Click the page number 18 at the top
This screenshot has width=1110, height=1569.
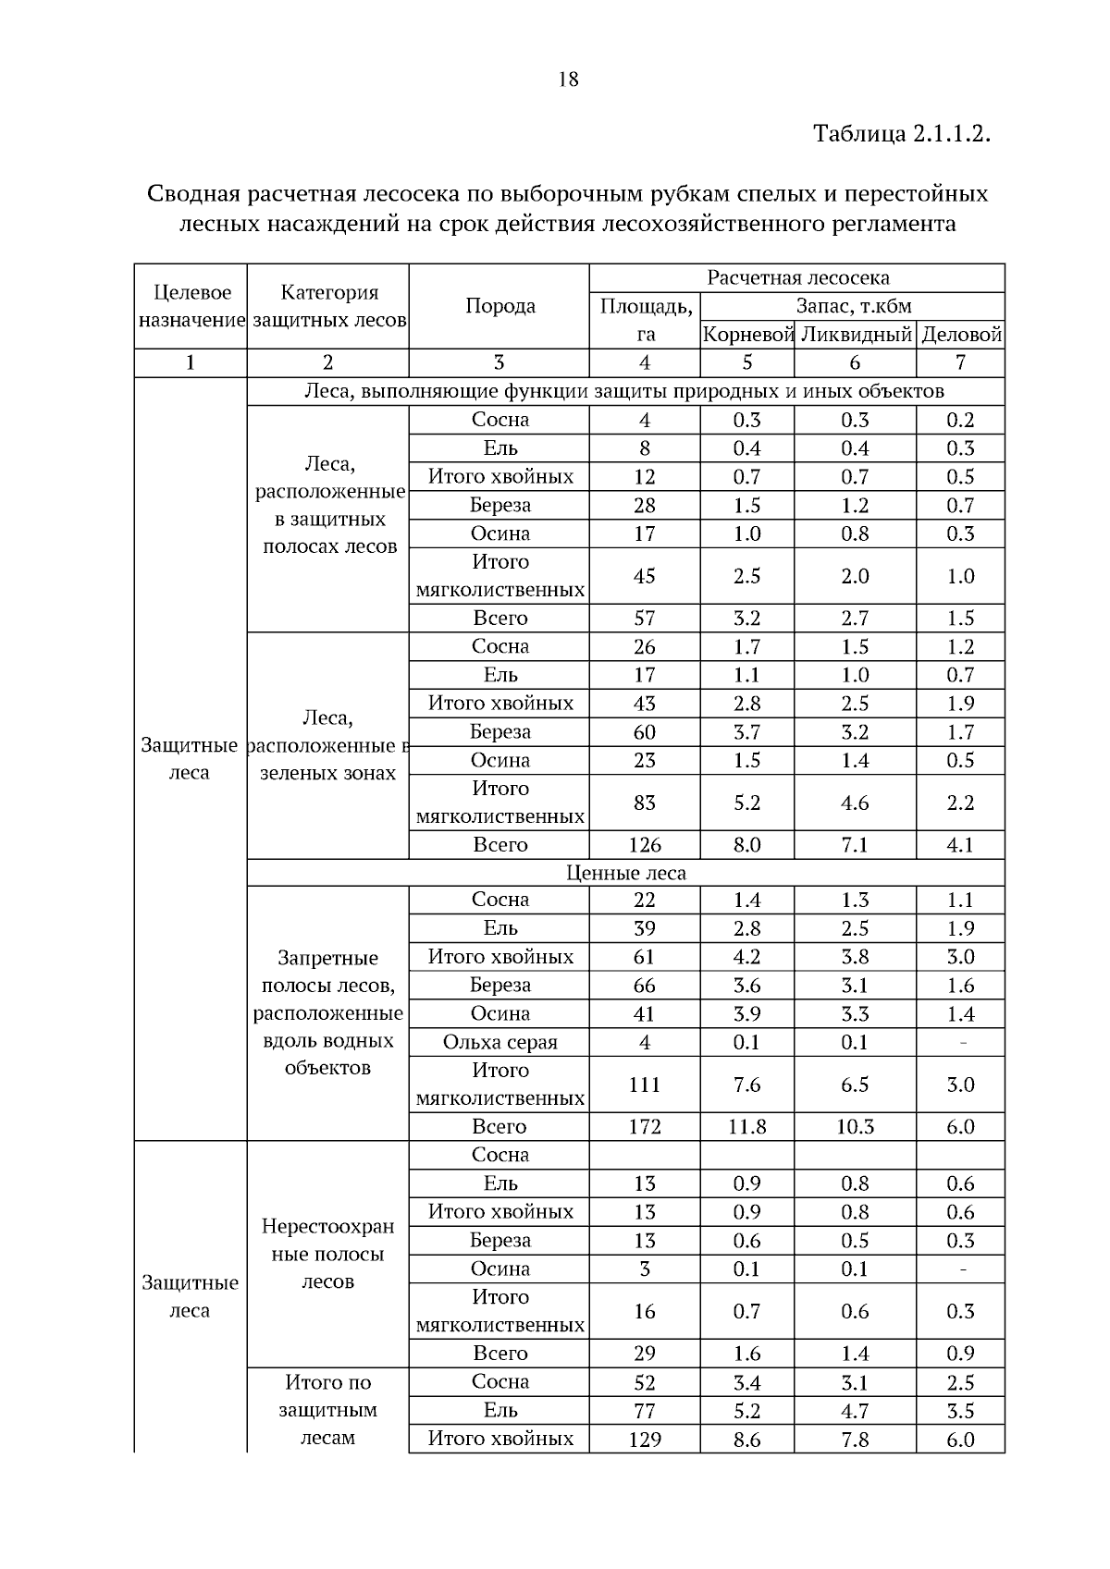(569, 80)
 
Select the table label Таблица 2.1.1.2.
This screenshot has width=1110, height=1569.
(902, 134)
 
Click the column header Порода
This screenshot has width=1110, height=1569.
(499, 306)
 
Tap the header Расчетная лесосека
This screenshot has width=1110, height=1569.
(797, 277)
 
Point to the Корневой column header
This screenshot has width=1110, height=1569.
(747, 335)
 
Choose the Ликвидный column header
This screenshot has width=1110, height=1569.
(856, 335)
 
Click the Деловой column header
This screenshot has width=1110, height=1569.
(962, 335)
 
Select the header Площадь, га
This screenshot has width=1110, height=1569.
(645, 320)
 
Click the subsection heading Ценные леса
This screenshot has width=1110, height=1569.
(625, 873)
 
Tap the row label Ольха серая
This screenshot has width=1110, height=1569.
(499, 1042)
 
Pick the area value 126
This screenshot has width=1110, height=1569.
(645, 844)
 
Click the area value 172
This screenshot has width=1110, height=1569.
(645, 1126)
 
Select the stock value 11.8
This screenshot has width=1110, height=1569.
(747, 1126)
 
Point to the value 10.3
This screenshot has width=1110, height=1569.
(856, 1126)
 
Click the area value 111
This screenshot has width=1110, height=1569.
(645, 1084)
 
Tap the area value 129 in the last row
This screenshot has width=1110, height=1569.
(645, 1439)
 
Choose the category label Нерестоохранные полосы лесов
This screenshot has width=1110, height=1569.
(327, 1254)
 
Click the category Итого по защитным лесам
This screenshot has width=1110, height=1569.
(327, 1410)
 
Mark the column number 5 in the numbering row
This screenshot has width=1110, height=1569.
(747, 362)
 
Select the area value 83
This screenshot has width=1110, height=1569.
(645, 803)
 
